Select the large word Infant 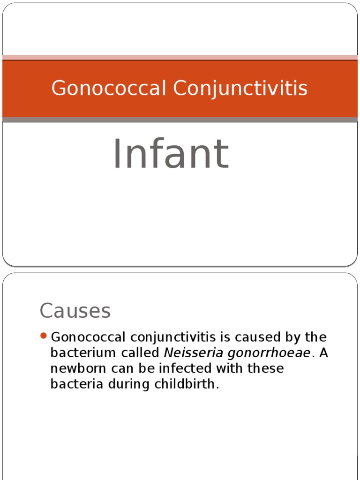171,154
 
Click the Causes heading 75,310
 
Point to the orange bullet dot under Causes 44,336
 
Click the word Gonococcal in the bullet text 88,337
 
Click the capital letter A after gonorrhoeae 323,353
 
